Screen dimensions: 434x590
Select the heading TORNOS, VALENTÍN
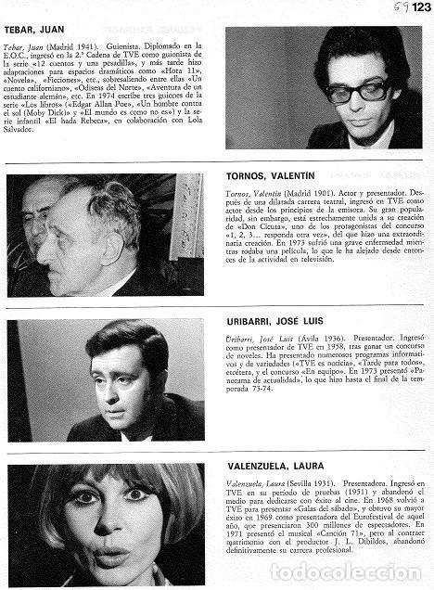(270, 174)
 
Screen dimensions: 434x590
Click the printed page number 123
(420, 7)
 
